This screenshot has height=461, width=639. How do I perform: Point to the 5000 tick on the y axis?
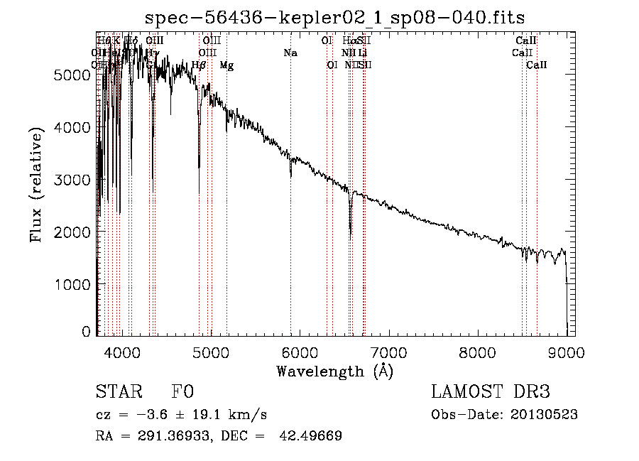pyautogui.click(x=97, y=75)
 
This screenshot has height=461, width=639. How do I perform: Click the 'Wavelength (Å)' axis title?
pyautogui.click(x=334, y=371)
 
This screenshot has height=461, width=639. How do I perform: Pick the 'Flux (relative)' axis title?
pyautogui.click(x=36, y=183)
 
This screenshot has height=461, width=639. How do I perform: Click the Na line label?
pyautogui.click(x=290, y=53)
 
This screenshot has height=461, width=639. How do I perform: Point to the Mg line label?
pyautogui.click(x=226, y=65)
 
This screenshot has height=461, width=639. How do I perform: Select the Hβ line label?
pyautogui.click(x=199, y=65)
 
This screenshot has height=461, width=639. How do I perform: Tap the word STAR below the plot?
pyautogui.click(x=119, y=392)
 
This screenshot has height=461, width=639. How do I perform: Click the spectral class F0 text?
pyautogui.click(x=182, y=392)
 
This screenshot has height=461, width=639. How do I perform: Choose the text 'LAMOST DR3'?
pyautogui.click(x=490, y=392)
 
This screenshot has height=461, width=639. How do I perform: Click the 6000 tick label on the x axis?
pyautogui.click(x=300, y=352)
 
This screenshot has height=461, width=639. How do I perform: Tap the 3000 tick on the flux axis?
pyautogui.click(x=97, y=180)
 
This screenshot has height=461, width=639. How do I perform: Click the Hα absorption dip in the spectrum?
pyautogui.click(x=350, y=227)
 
